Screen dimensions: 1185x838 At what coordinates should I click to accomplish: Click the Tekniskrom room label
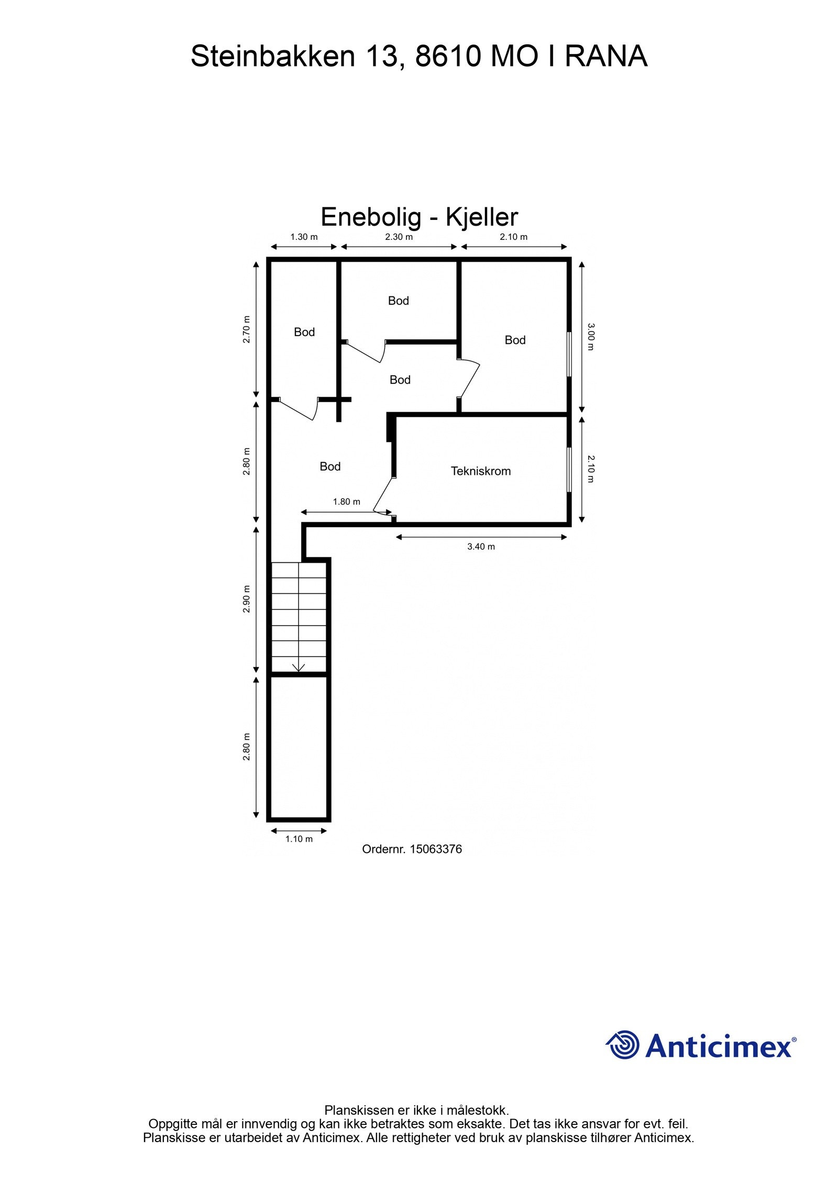click(480, 471)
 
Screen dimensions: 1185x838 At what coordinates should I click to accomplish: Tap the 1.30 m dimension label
click(304, 237)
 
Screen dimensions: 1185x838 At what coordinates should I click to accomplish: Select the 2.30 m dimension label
click(399, 237)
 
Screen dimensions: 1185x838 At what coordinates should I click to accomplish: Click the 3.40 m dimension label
click(481, 546)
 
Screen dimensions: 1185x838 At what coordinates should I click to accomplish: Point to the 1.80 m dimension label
click(346, 501)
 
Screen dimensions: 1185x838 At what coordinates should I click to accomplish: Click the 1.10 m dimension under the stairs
click(299, 838)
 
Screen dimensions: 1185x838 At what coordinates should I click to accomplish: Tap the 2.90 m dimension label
click(246, 599)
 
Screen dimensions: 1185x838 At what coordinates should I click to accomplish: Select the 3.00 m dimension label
click(590, 337)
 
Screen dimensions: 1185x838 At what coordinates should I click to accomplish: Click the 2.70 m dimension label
click(246, 329)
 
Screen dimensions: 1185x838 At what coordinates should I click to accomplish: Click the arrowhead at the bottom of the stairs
click(299, 668)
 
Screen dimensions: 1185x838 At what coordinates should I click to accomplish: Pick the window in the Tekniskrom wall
click(569, 470)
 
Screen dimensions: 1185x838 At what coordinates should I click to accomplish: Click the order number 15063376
click(435, 849)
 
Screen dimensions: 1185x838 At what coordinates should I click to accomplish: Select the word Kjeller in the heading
click(481, 217)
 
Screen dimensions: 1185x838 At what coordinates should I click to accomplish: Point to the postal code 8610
click(448, 56)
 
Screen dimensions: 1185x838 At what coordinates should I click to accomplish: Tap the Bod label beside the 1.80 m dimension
click(330, 466)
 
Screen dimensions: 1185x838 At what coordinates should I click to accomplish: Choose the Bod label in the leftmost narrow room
click(304, 331)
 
